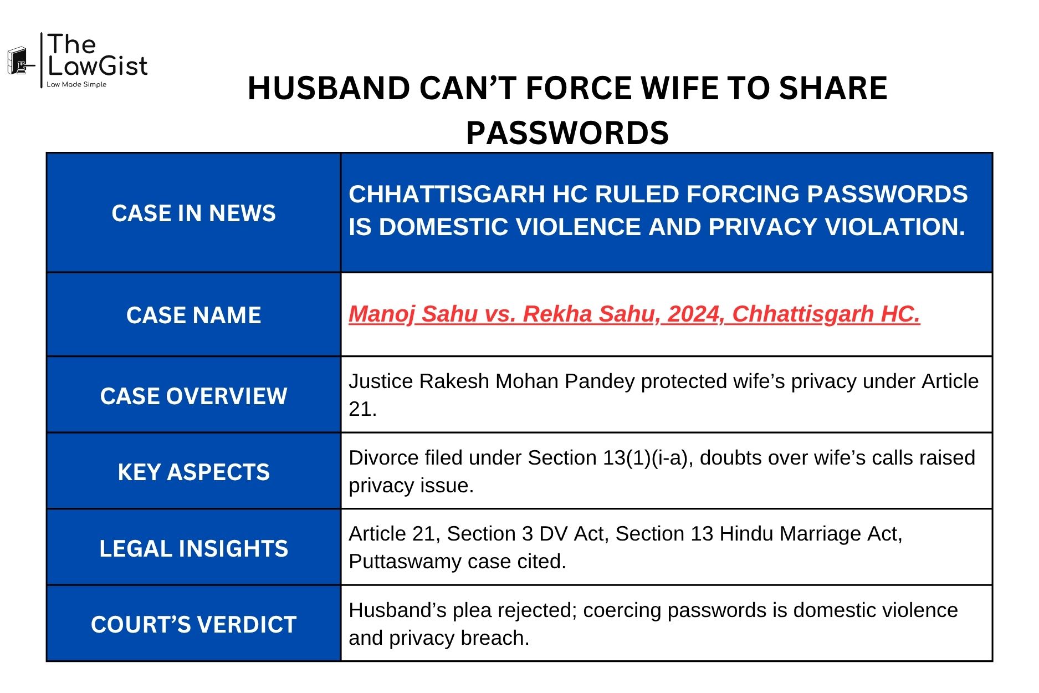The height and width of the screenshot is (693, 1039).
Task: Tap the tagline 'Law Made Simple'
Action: (76, 85)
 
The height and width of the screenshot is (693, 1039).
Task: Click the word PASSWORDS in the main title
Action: (567, 133)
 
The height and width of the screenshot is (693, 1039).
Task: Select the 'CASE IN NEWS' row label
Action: (193, 213)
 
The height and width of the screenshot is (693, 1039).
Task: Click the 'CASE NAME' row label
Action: (193, 315)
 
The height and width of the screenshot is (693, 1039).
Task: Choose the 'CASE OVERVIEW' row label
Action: (193, 396)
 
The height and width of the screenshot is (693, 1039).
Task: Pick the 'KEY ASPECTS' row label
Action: (193, 472)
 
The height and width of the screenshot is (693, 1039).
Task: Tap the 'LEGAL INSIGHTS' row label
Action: (193, 549)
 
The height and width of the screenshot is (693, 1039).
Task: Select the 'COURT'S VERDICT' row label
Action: (193, 625)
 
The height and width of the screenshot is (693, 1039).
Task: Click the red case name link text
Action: (634, 314)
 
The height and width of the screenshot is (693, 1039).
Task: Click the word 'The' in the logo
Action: (72, 44)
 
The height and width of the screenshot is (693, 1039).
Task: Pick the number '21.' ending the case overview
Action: (362, 409)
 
